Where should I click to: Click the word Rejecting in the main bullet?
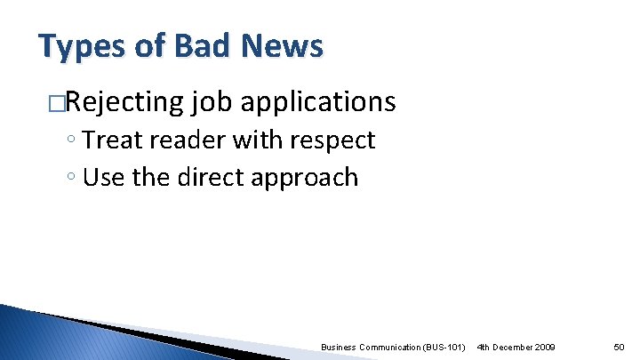(124, 103)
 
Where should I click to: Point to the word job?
(212, 103)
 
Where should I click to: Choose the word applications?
(318, 103)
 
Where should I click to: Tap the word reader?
(190, 140)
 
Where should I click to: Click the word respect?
(334, 140)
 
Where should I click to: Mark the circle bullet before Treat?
(72, 141)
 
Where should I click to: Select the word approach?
(306, 178)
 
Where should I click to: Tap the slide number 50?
(620, 346)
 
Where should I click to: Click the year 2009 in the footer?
(541, 346)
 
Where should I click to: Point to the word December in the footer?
(508, 346)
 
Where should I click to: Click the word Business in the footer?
(337, 346)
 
